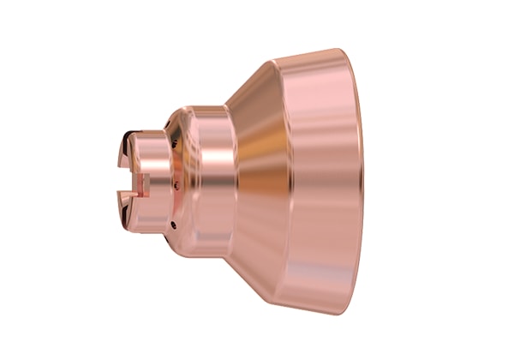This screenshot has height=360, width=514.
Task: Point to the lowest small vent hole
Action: pyautogui.click(x=171, y=225)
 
